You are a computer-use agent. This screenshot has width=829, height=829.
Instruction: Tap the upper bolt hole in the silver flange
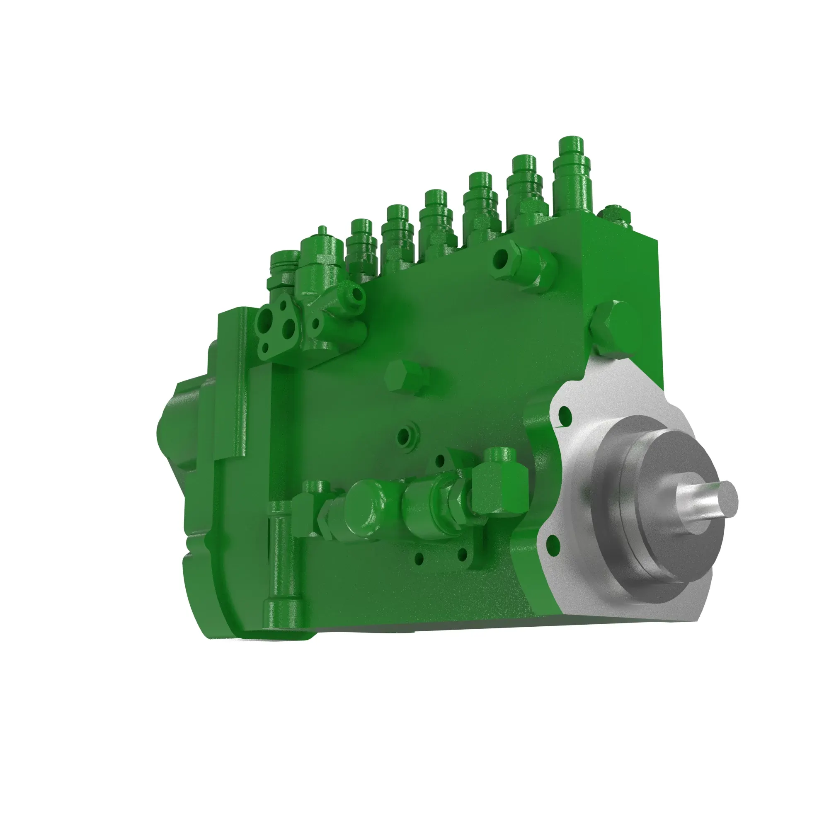[x=565, y=415]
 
